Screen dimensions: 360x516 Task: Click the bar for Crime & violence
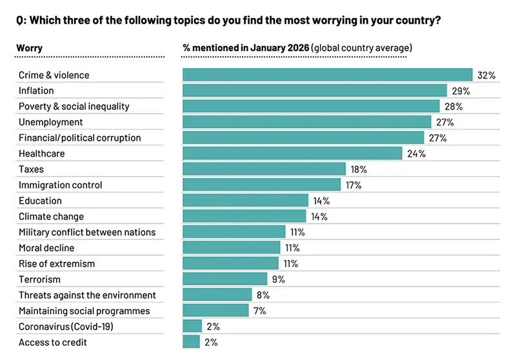click(x=328, y=75)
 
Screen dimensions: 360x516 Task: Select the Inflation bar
click(x=315, y=91)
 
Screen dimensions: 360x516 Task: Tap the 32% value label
click(x=486, y=75)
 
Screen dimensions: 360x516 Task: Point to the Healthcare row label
click(x=42, y=154)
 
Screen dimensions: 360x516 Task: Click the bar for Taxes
click(x=264, y=169)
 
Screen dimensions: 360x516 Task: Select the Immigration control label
click(x=61, y=185)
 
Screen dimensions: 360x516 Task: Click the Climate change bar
click(x=244, y=216)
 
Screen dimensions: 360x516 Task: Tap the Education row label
click(x=41, y=201)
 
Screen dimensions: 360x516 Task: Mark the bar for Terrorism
click(x=224, y=279)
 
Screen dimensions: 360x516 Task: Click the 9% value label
click(x=279, y=279)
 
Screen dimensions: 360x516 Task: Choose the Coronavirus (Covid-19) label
click(x=66, y=326)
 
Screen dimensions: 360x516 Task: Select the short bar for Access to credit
click(x=192, y=342)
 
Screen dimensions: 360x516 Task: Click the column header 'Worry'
click(x=30, y=48)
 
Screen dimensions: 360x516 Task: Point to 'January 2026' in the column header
click(x=280, y=48)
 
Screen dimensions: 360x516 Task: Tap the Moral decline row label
click(x=46, y=248)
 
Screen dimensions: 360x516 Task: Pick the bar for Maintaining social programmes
click(x=215, y=310)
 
